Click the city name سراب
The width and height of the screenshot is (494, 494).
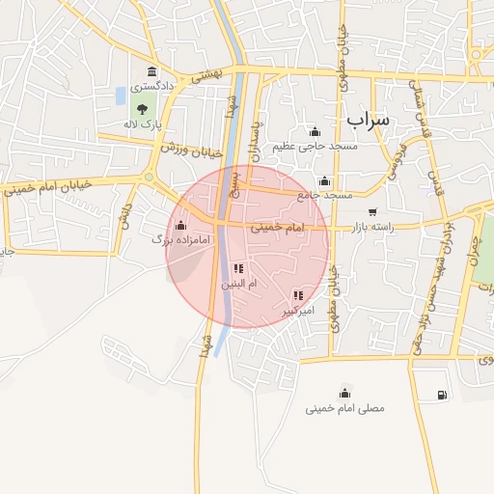[368, 120]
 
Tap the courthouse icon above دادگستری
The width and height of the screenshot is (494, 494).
[152, 71]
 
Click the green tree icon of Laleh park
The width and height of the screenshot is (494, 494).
[143, 109]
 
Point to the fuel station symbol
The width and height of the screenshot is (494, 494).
[442, 395]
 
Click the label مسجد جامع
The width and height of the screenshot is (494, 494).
[324, 195]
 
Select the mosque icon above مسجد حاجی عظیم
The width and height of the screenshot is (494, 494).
[314, 131]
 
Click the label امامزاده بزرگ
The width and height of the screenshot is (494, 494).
[160, 238]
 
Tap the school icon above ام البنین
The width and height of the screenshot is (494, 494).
[238, 269]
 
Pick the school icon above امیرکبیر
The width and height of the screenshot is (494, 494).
[298, 295]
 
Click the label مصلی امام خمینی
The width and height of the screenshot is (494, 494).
[344, 408]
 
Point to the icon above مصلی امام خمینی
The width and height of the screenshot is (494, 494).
[344, 393]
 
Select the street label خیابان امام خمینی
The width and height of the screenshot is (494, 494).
[48, 185]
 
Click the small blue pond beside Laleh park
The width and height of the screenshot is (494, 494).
[121, 96]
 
